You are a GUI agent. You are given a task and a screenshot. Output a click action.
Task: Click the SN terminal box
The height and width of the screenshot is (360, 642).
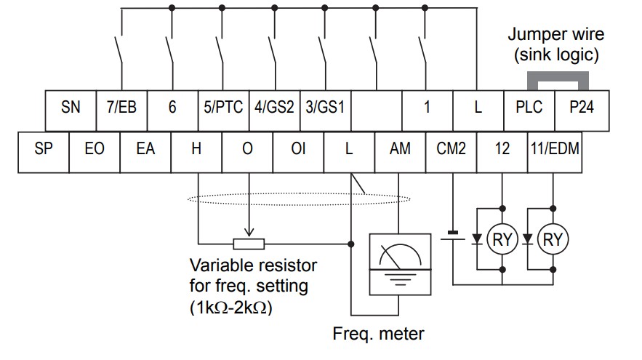71,111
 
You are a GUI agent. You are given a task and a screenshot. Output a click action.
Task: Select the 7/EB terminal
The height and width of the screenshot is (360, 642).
121,111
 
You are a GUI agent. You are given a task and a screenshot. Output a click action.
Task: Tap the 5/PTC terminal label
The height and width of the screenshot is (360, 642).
223,108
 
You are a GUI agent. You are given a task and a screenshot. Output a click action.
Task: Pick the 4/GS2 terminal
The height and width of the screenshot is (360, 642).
274,111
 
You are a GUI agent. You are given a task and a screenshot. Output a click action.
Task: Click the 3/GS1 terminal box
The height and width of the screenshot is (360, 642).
326,111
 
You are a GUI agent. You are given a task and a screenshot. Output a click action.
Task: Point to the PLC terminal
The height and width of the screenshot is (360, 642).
529,111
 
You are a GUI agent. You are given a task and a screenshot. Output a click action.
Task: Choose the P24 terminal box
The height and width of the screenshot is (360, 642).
582,111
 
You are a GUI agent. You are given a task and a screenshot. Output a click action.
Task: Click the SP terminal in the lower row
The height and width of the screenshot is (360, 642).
44,152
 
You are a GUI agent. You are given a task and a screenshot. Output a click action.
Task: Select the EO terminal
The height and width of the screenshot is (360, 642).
95,152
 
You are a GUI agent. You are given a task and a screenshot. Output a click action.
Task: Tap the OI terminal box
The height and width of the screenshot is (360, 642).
298,152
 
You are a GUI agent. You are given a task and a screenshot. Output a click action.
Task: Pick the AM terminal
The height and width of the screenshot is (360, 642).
400,152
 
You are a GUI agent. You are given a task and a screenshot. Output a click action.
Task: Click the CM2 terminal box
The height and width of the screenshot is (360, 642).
452,152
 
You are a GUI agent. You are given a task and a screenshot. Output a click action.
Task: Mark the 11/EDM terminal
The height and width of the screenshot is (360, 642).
555,152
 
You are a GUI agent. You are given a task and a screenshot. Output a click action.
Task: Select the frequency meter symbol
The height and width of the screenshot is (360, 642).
400,264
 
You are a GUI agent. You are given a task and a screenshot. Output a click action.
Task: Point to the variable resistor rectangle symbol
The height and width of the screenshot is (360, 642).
249,244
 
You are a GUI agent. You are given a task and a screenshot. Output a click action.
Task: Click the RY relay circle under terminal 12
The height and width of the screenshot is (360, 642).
502,239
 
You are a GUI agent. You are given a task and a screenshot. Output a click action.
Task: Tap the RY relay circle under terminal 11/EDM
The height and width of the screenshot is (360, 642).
553,239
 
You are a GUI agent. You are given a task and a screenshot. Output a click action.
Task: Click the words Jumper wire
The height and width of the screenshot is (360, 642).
555,34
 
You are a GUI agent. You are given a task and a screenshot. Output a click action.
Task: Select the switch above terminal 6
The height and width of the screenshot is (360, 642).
169,50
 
